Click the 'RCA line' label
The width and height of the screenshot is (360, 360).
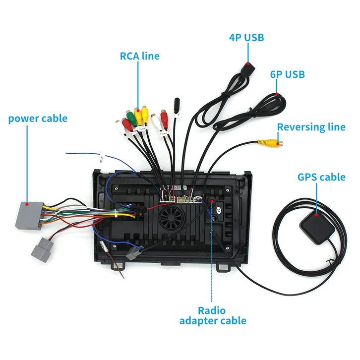[x=140, y=56]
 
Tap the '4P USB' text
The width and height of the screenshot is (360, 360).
[x=246, y=38]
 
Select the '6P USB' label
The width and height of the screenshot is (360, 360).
[x=287, y=75]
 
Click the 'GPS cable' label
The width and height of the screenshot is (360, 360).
[x=321, y=177]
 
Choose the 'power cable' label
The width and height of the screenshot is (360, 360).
[x=38, y=119]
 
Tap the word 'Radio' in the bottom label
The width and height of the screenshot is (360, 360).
[x=212, y=310]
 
